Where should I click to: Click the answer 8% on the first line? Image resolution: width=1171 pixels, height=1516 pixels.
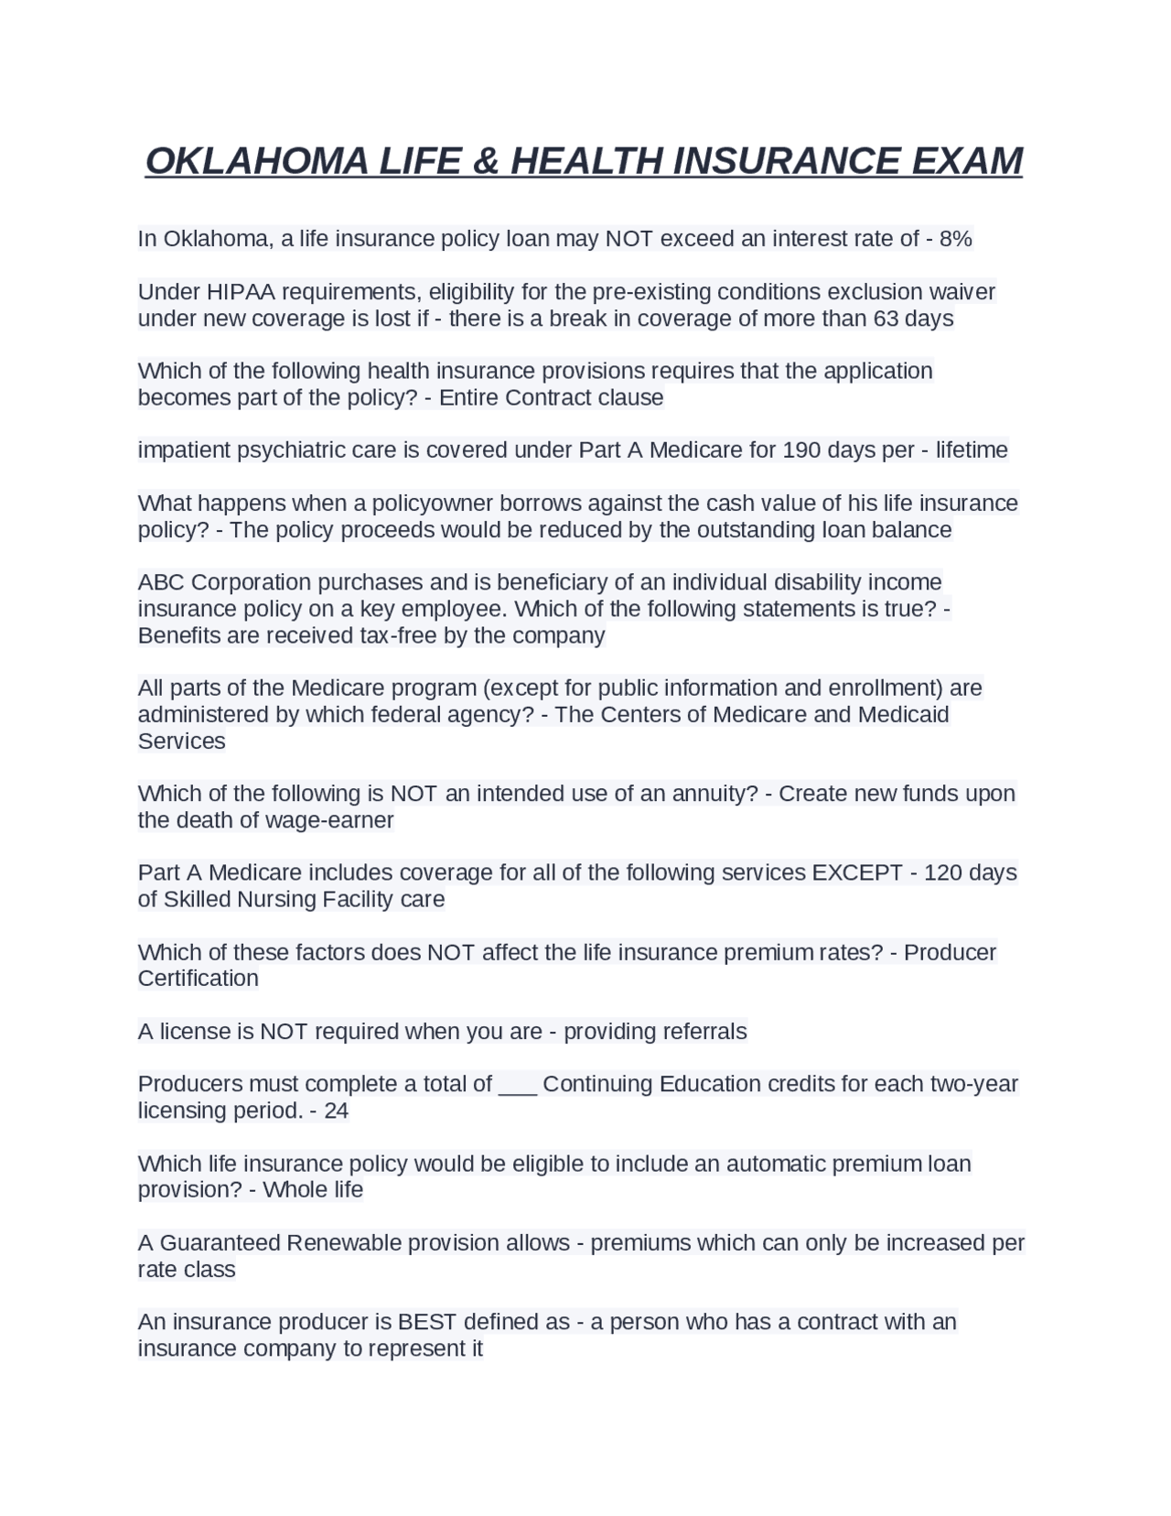point(955,239)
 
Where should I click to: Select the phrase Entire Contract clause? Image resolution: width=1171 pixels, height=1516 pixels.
point(552,397)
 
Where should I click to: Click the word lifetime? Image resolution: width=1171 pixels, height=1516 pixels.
point(971,450)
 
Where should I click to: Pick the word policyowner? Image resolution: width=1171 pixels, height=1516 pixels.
point(427,504)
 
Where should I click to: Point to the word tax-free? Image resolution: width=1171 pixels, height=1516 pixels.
point(398,635)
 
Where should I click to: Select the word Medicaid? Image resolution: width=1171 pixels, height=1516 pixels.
point(903,714)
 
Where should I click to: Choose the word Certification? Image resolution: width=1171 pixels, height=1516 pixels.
point(198,979)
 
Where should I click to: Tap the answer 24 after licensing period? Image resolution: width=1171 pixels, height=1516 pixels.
point(336,1111)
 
